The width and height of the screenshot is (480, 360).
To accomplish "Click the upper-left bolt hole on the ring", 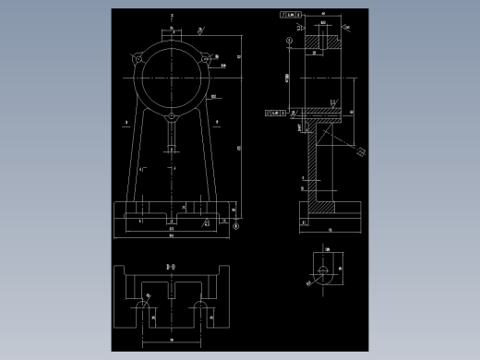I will (138, 60).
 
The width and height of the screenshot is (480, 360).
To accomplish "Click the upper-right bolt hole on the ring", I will (204, 60).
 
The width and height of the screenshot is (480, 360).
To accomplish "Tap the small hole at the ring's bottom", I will (171, 116).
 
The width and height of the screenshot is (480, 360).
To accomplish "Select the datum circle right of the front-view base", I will (235, 225).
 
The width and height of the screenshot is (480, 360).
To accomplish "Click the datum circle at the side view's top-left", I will (289, 42).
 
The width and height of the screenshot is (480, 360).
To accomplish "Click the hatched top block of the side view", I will (324, 42).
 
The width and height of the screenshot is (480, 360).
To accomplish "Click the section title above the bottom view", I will (170, 266).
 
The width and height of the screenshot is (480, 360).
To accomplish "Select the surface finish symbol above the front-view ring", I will (201, 30).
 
